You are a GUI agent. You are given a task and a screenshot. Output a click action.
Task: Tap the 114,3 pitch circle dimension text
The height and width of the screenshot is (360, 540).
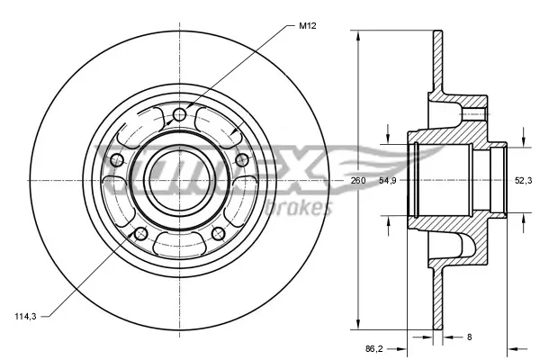click(25, 316)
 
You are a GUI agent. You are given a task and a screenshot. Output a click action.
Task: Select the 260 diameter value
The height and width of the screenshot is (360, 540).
click(358, 181)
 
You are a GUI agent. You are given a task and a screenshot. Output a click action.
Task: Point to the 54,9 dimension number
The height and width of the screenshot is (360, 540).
click(388, 181)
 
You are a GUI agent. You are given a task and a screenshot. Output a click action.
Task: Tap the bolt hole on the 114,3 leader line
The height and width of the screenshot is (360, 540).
click(139, 234)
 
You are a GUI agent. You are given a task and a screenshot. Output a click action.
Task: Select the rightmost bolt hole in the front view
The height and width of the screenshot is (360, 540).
click(241, 159)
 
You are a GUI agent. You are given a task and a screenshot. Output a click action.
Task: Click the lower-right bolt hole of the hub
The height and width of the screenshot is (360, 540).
click(218, 233)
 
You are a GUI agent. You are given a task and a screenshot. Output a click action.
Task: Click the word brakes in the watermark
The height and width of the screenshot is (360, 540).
click(305, 209)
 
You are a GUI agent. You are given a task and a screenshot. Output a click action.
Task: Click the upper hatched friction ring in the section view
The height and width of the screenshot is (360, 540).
click(437, 63)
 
